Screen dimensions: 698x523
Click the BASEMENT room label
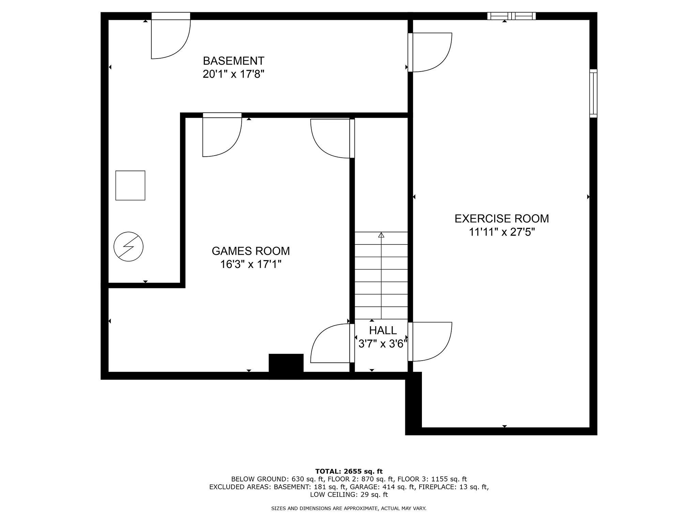[x=233, y=61]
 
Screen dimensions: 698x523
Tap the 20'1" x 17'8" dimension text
[x=233, y=74]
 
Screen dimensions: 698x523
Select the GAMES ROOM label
[x=251, y=251]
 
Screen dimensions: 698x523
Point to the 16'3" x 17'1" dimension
[x=251, y=264]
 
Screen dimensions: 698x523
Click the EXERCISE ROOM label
[x=502, y=219]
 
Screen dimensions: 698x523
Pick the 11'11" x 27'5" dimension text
[x=502, y=232]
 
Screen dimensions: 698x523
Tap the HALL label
[x=383, y=330]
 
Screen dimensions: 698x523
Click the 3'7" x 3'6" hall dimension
[x=383, y=344]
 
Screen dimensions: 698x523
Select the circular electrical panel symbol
[x=128, y=247]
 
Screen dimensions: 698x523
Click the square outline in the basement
[x=130, y=185]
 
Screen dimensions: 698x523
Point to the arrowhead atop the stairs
[x=381, y=235]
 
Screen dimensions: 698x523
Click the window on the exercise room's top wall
[x=511, y=16]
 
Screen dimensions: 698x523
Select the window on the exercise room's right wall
[x=593, y=93]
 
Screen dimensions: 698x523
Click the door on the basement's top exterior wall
[x=171, y=35]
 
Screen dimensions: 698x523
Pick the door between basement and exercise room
[x=430, y=52]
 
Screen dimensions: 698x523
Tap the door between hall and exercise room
[x=430, y=342]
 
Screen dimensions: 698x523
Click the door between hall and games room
[x=333, y=343]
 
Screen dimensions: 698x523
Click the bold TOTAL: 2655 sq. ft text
[x=349, y=471]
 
